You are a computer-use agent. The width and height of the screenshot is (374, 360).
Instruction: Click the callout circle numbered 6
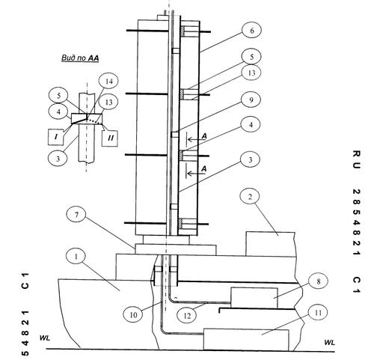pos(251,31)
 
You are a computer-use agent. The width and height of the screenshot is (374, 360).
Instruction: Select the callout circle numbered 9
pos(251,100)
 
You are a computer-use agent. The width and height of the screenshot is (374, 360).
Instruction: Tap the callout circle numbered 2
pos(250,197)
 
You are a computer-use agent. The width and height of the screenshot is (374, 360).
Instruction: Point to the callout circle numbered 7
pos(76,215)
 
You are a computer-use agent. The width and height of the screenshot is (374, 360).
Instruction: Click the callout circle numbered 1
pos(76,257)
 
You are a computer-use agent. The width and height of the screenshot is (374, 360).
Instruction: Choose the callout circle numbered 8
pos(318,281)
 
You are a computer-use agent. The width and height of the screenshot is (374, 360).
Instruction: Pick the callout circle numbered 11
pos(318,313)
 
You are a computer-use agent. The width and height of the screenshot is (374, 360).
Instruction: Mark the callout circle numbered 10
pos(133,315)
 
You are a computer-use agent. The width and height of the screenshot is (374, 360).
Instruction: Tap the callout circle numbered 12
pos(187,316)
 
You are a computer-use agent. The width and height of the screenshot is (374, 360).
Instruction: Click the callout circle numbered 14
pos(108,82)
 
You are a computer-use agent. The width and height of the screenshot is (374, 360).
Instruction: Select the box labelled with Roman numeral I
pos(56,137)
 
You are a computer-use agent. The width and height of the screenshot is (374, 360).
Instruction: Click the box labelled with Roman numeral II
pos(110,138)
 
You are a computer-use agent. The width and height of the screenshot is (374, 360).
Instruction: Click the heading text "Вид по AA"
pos(80,58)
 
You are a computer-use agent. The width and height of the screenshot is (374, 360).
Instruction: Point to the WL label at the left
pos(45,338)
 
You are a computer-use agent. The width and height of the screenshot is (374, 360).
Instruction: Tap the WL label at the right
pos(330,342)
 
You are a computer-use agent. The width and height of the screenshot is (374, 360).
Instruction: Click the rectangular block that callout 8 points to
pos(254,298)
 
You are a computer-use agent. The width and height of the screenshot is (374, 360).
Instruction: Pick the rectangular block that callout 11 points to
pos(246,340)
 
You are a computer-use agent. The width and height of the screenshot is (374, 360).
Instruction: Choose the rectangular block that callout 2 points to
pos(271,244)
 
